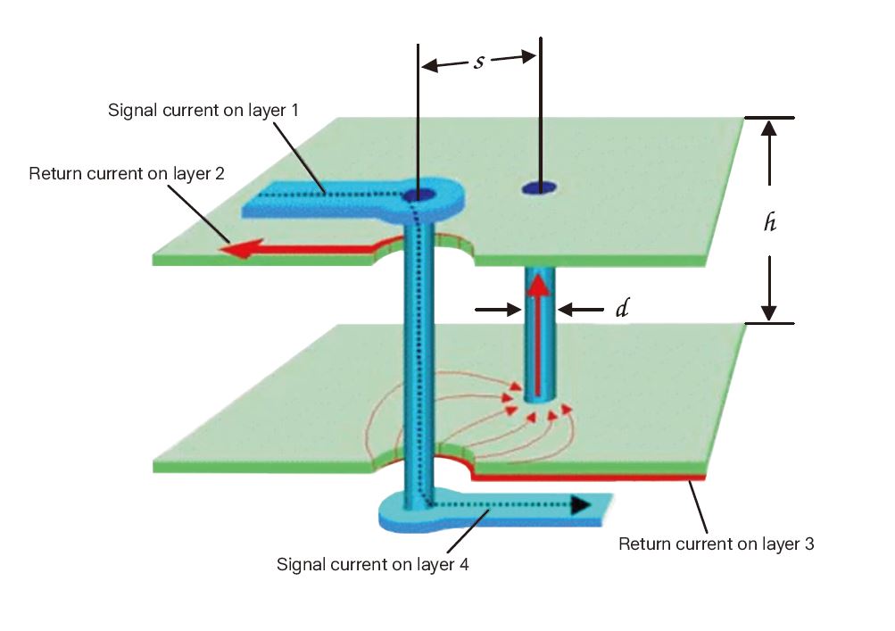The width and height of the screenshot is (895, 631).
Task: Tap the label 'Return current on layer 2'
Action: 126,173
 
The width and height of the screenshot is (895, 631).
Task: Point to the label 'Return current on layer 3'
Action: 716,543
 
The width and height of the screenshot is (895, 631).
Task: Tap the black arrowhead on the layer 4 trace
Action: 581,505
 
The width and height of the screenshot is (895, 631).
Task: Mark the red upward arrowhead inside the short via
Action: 537,286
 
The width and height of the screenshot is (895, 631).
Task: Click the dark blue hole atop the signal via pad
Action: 418,195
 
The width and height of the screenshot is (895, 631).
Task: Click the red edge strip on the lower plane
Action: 589,478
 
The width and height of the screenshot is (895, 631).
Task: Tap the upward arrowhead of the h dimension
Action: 770,127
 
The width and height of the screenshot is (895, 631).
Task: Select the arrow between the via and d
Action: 568,310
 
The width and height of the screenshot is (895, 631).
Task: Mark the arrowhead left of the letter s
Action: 429,64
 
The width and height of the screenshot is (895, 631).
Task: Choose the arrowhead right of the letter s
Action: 527,57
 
